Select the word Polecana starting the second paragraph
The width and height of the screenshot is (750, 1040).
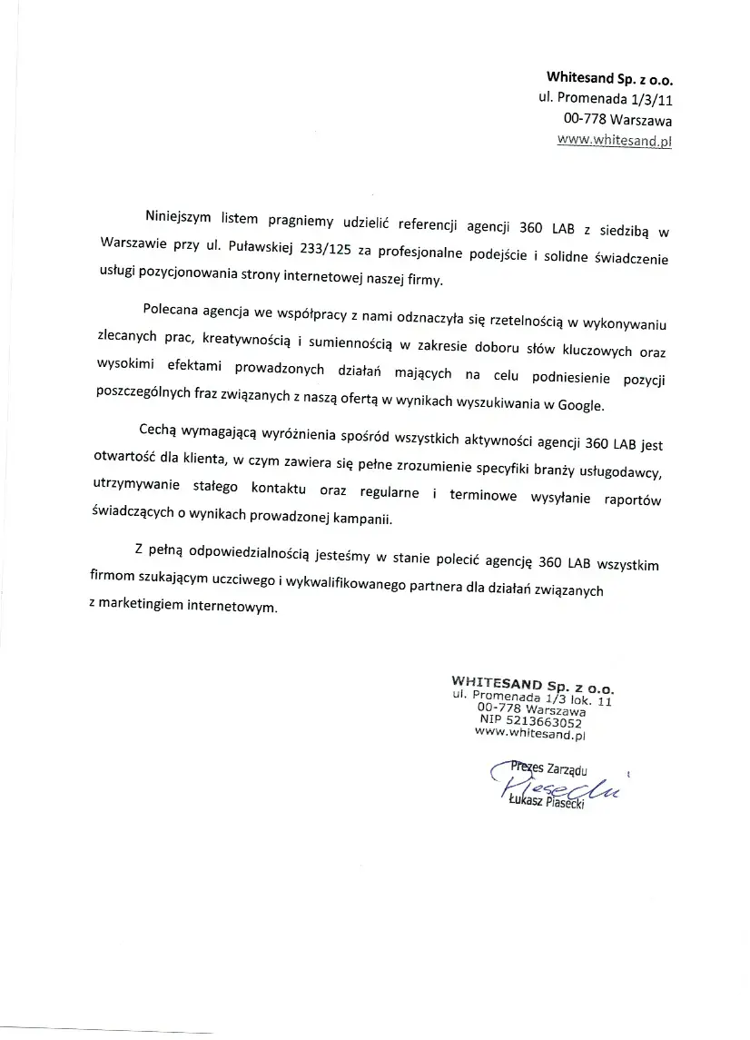[173, 309]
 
